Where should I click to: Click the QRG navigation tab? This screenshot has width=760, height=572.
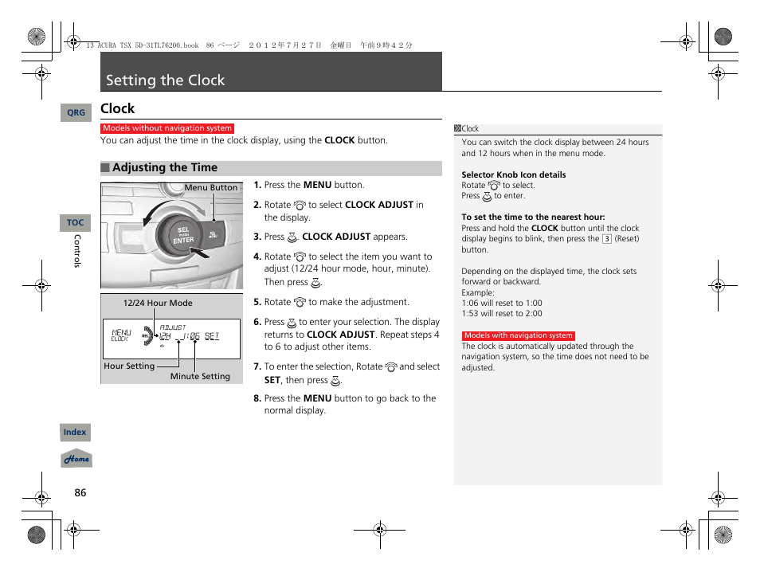pos(76,113)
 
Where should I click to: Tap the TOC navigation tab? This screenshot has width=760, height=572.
pos(75,223)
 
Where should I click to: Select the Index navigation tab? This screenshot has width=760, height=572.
pos(75,433)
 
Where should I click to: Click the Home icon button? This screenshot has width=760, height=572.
pos(76,460)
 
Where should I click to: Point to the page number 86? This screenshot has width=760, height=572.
pos(80,493)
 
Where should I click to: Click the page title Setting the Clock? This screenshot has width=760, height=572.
pos(166,80)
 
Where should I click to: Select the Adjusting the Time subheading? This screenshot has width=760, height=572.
pos(164,168)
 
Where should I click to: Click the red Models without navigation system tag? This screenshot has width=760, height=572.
pos(167,128)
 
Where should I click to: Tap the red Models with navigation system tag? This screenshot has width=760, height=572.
pos(518,336)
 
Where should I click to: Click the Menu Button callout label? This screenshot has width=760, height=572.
pos(211,188)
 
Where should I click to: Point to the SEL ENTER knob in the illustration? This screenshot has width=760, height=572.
pos(184,235)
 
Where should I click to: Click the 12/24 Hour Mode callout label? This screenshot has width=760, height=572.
pos(157,304)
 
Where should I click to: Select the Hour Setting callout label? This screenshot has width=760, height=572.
pos(129,366)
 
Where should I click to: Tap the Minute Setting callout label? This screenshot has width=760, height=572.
pos(200,377)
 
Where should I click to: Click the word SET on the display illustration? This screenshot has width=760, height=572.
pos(212,336)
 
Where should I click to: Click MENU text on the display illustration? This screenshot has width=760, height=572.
pos(121,333)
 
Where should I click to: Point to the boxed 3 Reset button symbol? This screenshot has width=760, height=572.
pos(606,239)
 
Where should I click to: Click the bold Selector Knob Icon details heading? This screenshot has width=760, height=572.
pos(513,175)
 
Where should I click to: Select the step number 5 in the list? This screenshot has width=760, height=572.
pos(257,303)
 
